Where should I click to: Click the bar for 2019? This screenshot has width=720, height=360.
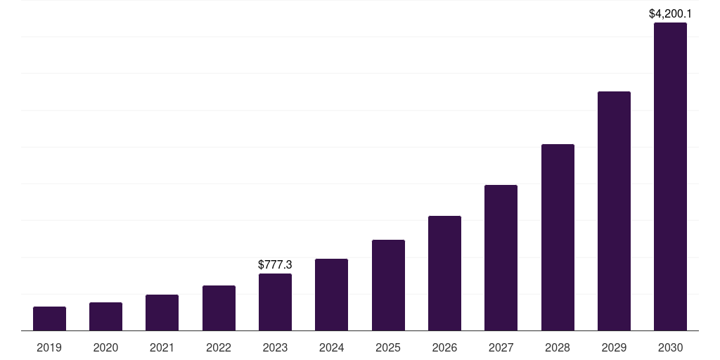click(49, 319)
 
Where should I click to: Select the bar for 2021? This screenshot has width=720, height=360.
click(162, 313)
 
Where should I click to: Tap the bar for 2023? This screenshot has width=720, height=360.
click(275, 302)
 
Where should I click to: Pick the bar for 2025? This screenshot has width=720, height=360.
click(388, 285)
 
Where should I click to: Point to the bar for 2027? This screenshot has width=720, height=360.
click(501, 258)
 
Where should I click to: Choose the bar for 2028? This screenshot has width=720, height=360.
click(558, 238)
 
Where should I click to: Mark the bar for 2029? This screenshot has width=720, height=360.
click(614, 211)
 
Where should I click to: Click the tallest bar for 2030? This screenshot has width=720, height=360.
click(670, 176)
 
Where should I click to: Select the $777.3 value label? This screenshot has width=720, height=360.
click(275, 265)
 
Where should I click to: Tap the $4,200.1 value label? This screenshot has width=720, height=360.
click(670, 13)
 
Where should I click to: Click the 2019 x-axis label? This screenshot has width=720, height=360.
click(49, 347)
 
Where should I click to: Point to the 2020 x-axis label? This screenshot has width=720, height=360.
click(105, 347)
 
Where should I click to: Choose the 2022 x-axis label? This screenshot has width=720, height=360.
click(219, 347)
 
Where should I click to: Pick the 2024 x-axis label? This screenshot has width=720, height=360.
click(331, 347)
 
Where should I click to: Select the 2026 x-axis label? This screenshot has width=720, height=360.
click(444, 347)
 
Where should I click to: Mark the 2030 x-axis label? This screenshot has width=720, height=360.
click(670, 347)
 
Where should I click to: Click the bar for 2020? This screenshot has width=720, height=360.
click(105, 316)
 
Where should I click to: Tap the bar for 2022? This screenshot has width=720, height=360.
click(219, 308)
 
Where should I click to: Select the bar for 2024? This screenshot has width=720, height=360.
click(331, 295)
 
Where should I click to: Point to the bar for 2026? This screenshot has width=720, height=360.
click(444, 274)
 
